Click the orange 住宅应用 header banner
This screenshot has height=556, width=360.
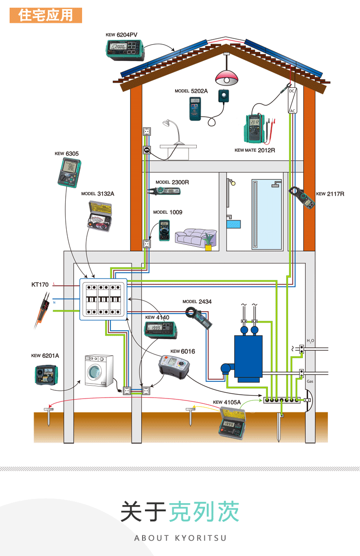point(46,15)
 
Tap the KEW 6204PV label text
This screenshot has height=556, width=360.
point(121,35)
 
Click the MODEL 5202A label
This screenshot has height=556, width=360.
point(191,91)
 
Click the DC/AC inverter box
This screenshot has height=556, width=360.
point(292,101)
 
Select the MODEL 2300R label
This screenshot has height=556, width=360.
point(172,182)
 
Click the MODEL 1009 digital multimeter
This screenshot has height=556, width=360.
point(165,230)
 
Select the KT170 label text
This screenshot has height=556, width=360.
point(40,285)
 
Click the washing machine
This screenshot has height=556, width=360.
point(99,371)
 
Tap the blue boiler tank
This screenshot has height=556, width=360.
point(248,355)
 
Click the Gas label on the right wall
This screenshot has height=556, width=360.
point(310,381)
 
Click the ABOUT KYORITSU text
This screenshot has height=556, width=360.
point(180,538)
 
